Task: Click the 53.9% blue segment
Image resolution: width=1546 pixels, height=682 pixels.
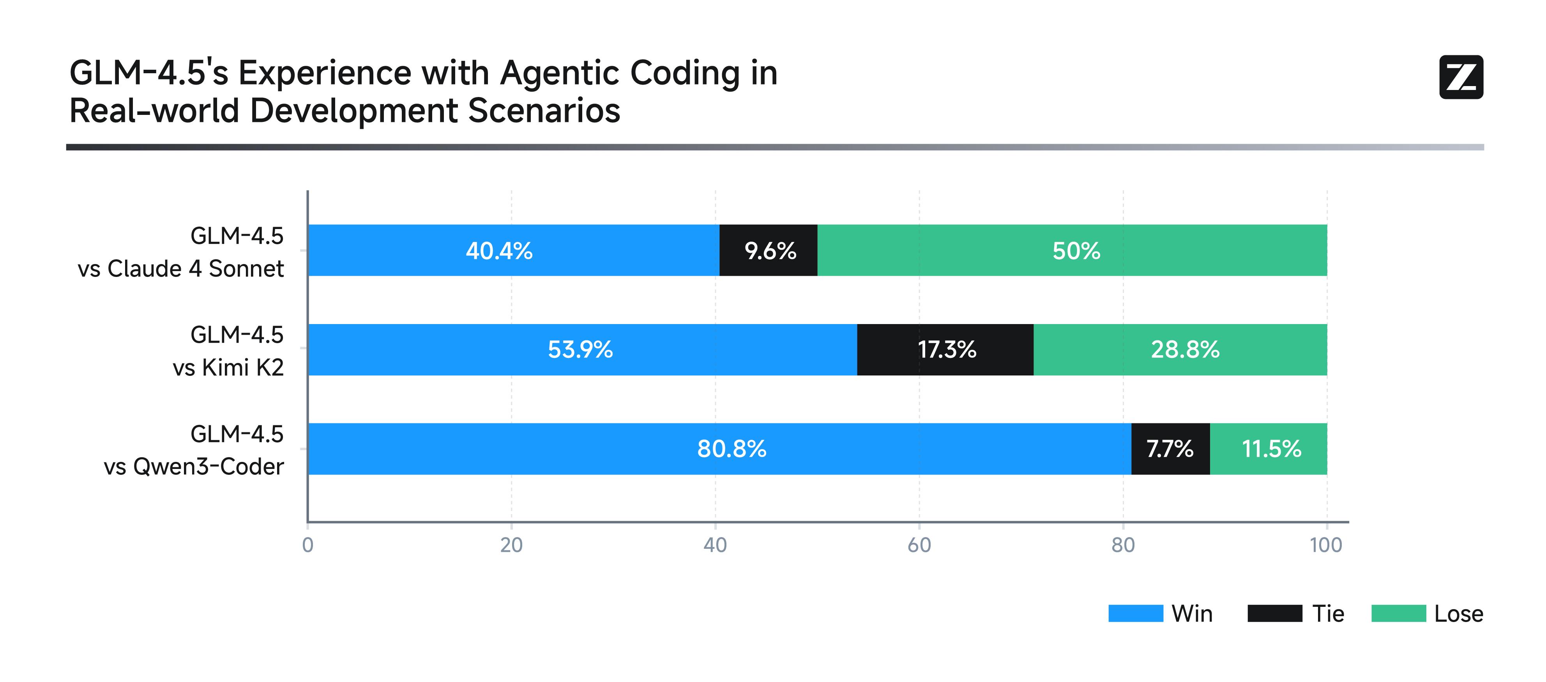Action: (x=582, y=350)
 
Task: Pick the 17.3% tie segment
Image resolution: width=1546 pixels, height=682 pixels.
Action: (x=945, y=350)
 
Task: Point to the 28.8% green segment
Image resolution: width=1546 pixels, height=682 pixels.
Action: (x=1180, y=350)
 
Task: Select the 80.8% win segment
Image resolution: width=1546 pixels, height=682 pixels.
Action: (x=719, y=449)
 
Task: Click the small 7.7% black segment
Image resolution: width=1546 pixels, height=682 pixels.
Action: (x=1170, y=449)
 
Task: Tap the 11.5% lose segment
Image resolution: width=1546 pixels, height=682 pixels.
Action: (x=1268, y=449)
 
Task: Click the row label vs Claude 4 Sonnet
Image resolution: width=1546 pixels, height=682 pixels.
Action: (x=181, y=269)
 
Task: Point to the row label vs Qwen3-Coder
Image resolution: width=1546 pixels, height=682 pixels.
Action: (x=193, y=467)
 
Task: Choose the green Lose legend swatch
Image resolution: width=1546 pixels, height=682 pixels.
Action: (x=1398, y=613)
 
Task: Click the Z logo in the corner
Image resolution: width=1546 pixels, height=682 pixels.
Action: (x=1461, y=77)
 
